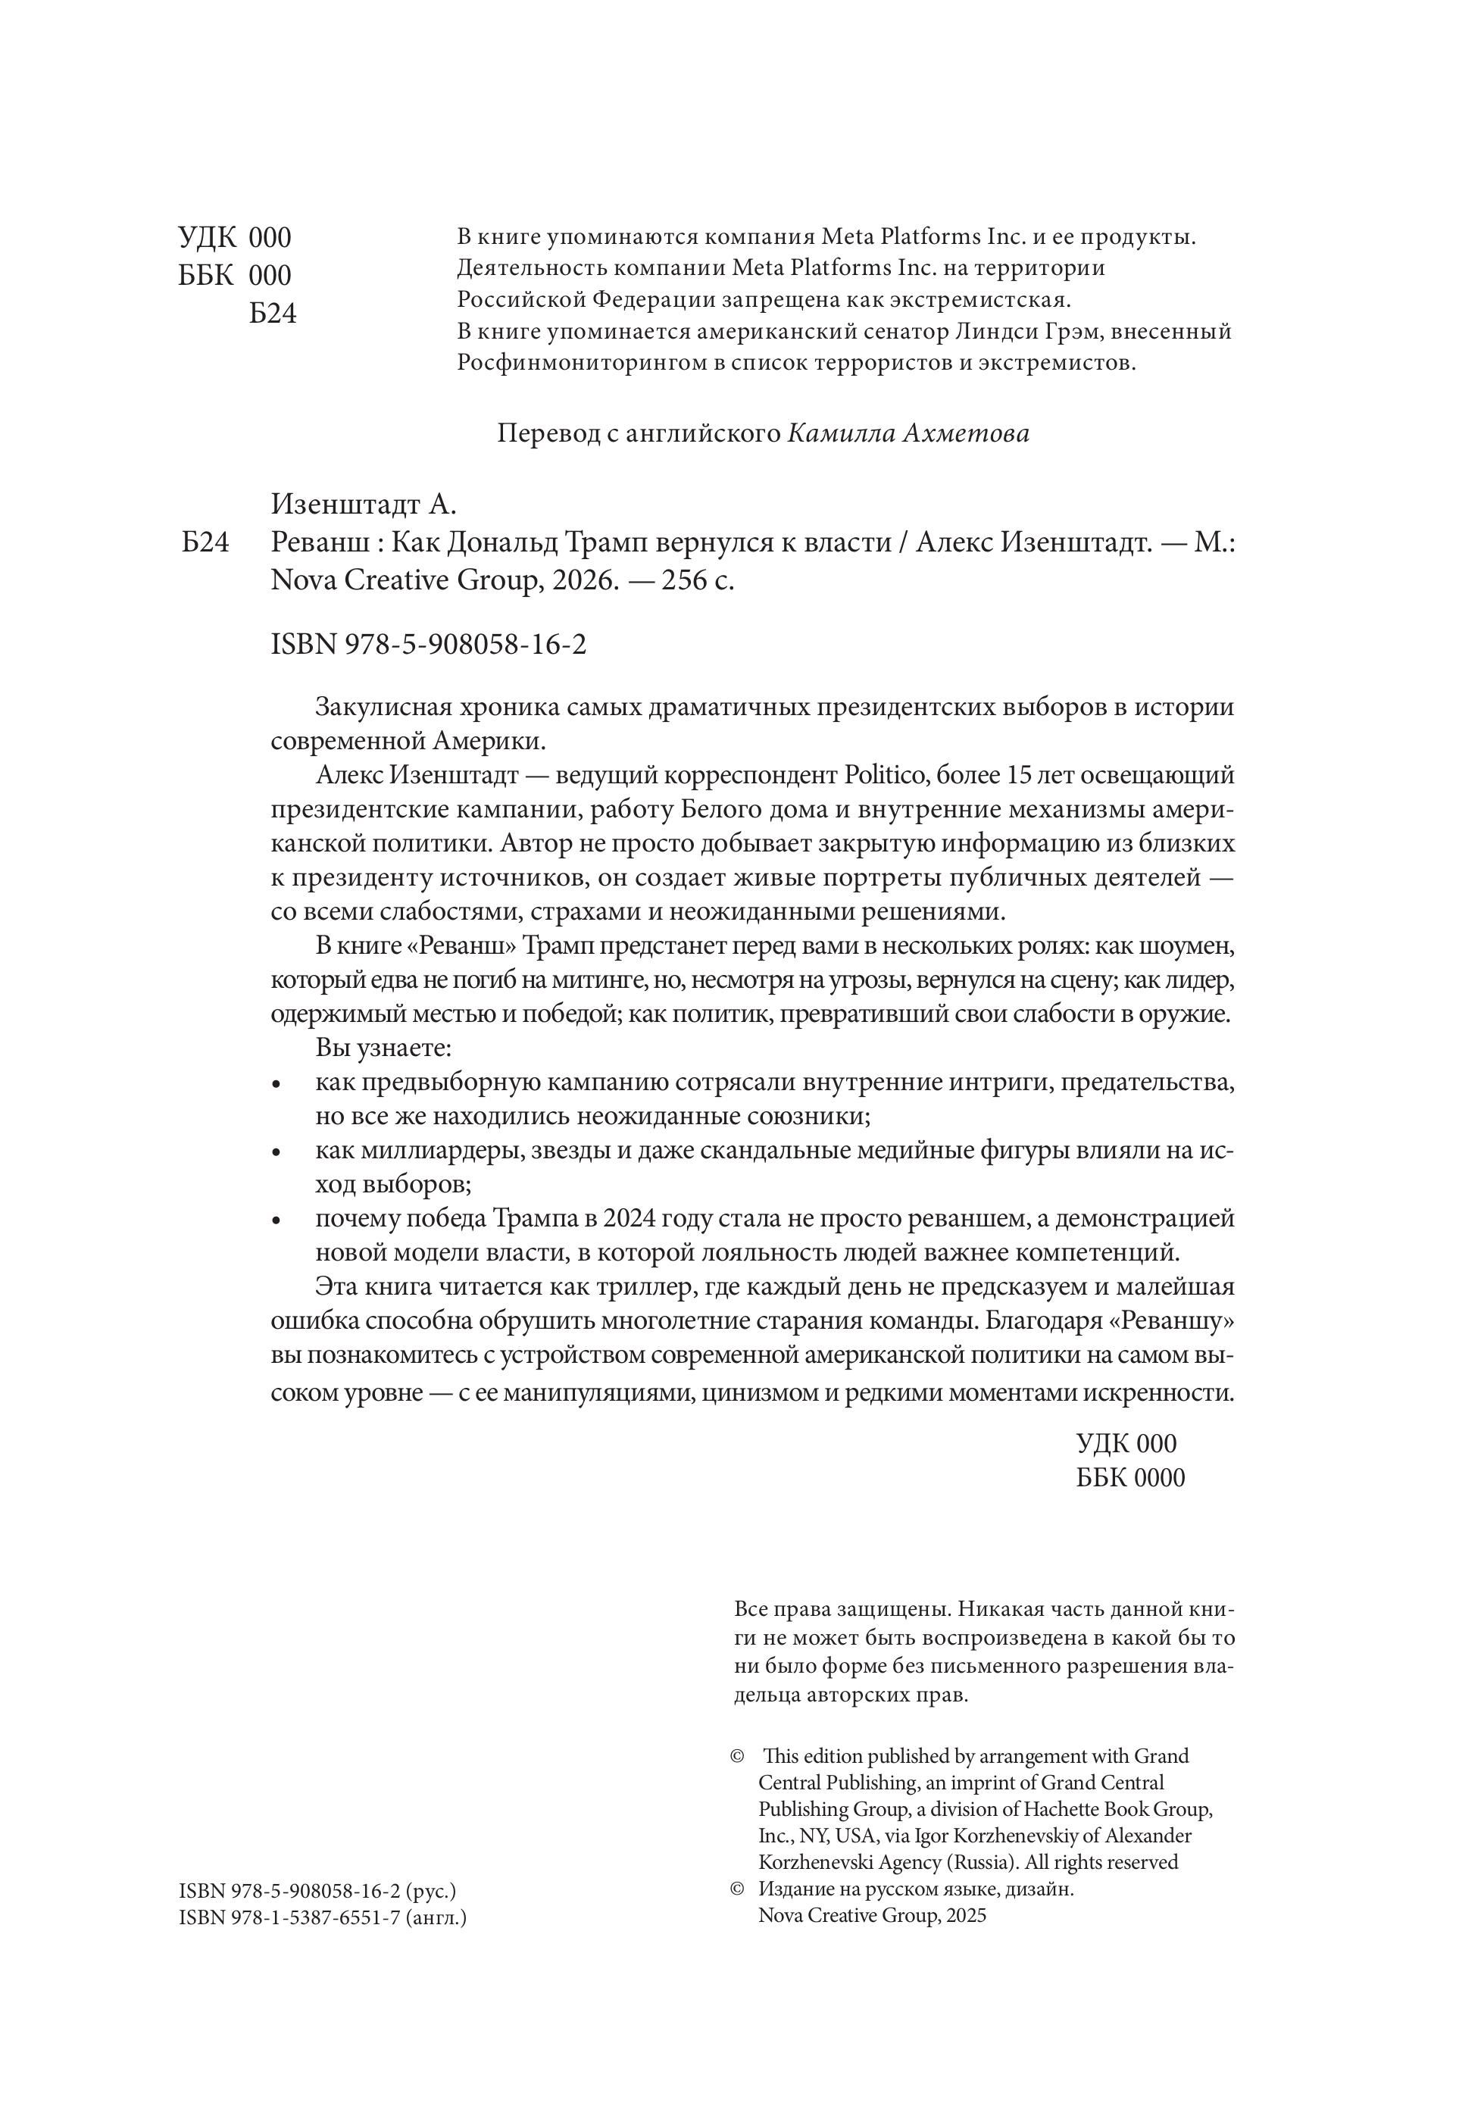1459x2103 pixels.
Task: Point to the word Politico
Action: (884, 776)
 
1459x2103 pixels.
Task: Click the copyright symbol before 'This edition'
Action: (738, 1756)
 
